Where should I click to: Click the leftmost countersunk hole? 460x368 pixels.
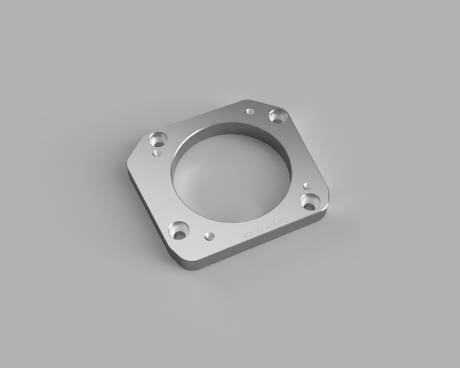coord(157,140)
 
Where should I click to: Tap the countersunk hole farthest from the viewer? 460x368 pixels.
coord(278,115)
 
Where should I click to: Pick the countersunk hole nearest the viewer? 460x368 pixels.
coord(179,230)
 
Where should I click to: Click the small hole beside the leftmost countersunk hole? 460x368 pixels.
coord(156,153)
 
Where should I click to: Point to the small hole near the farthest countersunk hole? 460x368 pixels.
coord(250,111)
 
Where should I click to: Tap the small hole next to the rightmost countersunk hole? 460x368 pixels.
coord(308,186)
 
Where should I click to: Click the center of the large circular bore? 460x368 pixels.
coord(231,173)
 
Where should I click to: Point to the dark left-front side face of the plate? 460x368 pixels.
coord(150,216)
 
